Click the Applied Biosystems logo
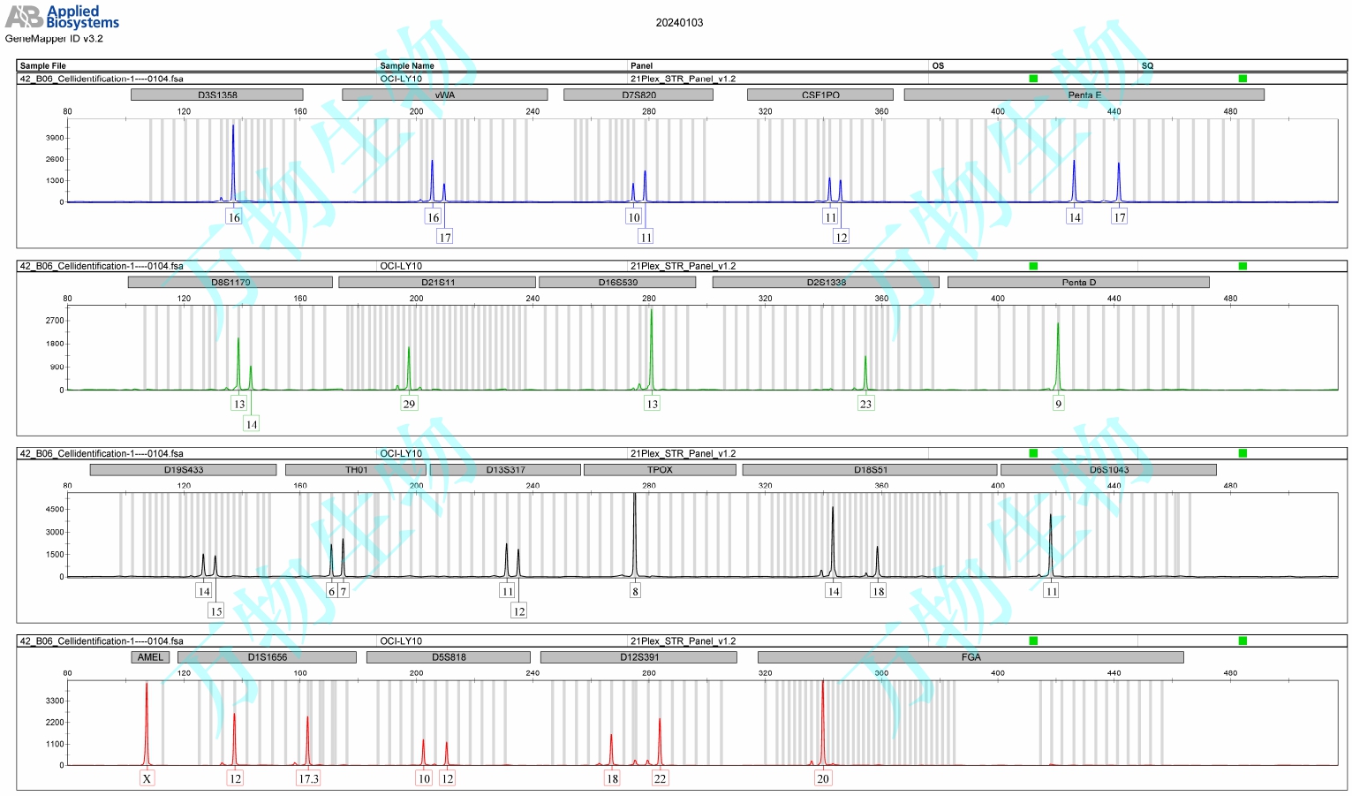pyautogui.click(x=62, y=17)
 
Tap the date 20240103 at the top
pyautogui.click(x=679, y=23)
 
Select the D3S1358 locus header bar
pyautogui.click(x=216, y=95)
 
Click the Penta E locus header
pyautogui.click(x=1084, y=95)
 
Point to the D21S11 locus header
pyautogui.click(x=437, y=283)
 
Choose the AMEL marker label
pyautogui.click(x=150, y=657)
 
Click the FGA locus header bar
pyautogui.click(x=971, y=657)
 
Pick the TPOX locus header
pyautogui.click(x=660, y=470)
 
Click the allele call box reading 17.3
pyautogui.click(x=308, y=778)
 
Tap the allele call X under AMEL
pyautogui.click(x=147, y=778)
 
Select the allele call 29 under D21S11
pyautogui.click(x=409, y=404)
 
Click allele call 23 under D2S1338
pyautogui.click(x=865, y=404)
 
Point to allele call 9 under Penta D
pyautogui.click(x=1058, y=404)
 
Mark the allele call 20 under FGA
pyautogui.click(x=823, y=778)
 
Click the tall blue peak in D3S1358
pyautogui.click(x=233, y=159)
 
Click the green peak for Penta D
pyautogui.click(x=1058, y=353)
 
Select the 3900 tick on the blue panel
pyautogui.click(x=55, y=138)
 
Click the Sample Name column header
pyautogui.click(x=407, y=65)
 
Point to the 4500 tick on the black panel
pyautogui.click(x=55, y=509)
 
